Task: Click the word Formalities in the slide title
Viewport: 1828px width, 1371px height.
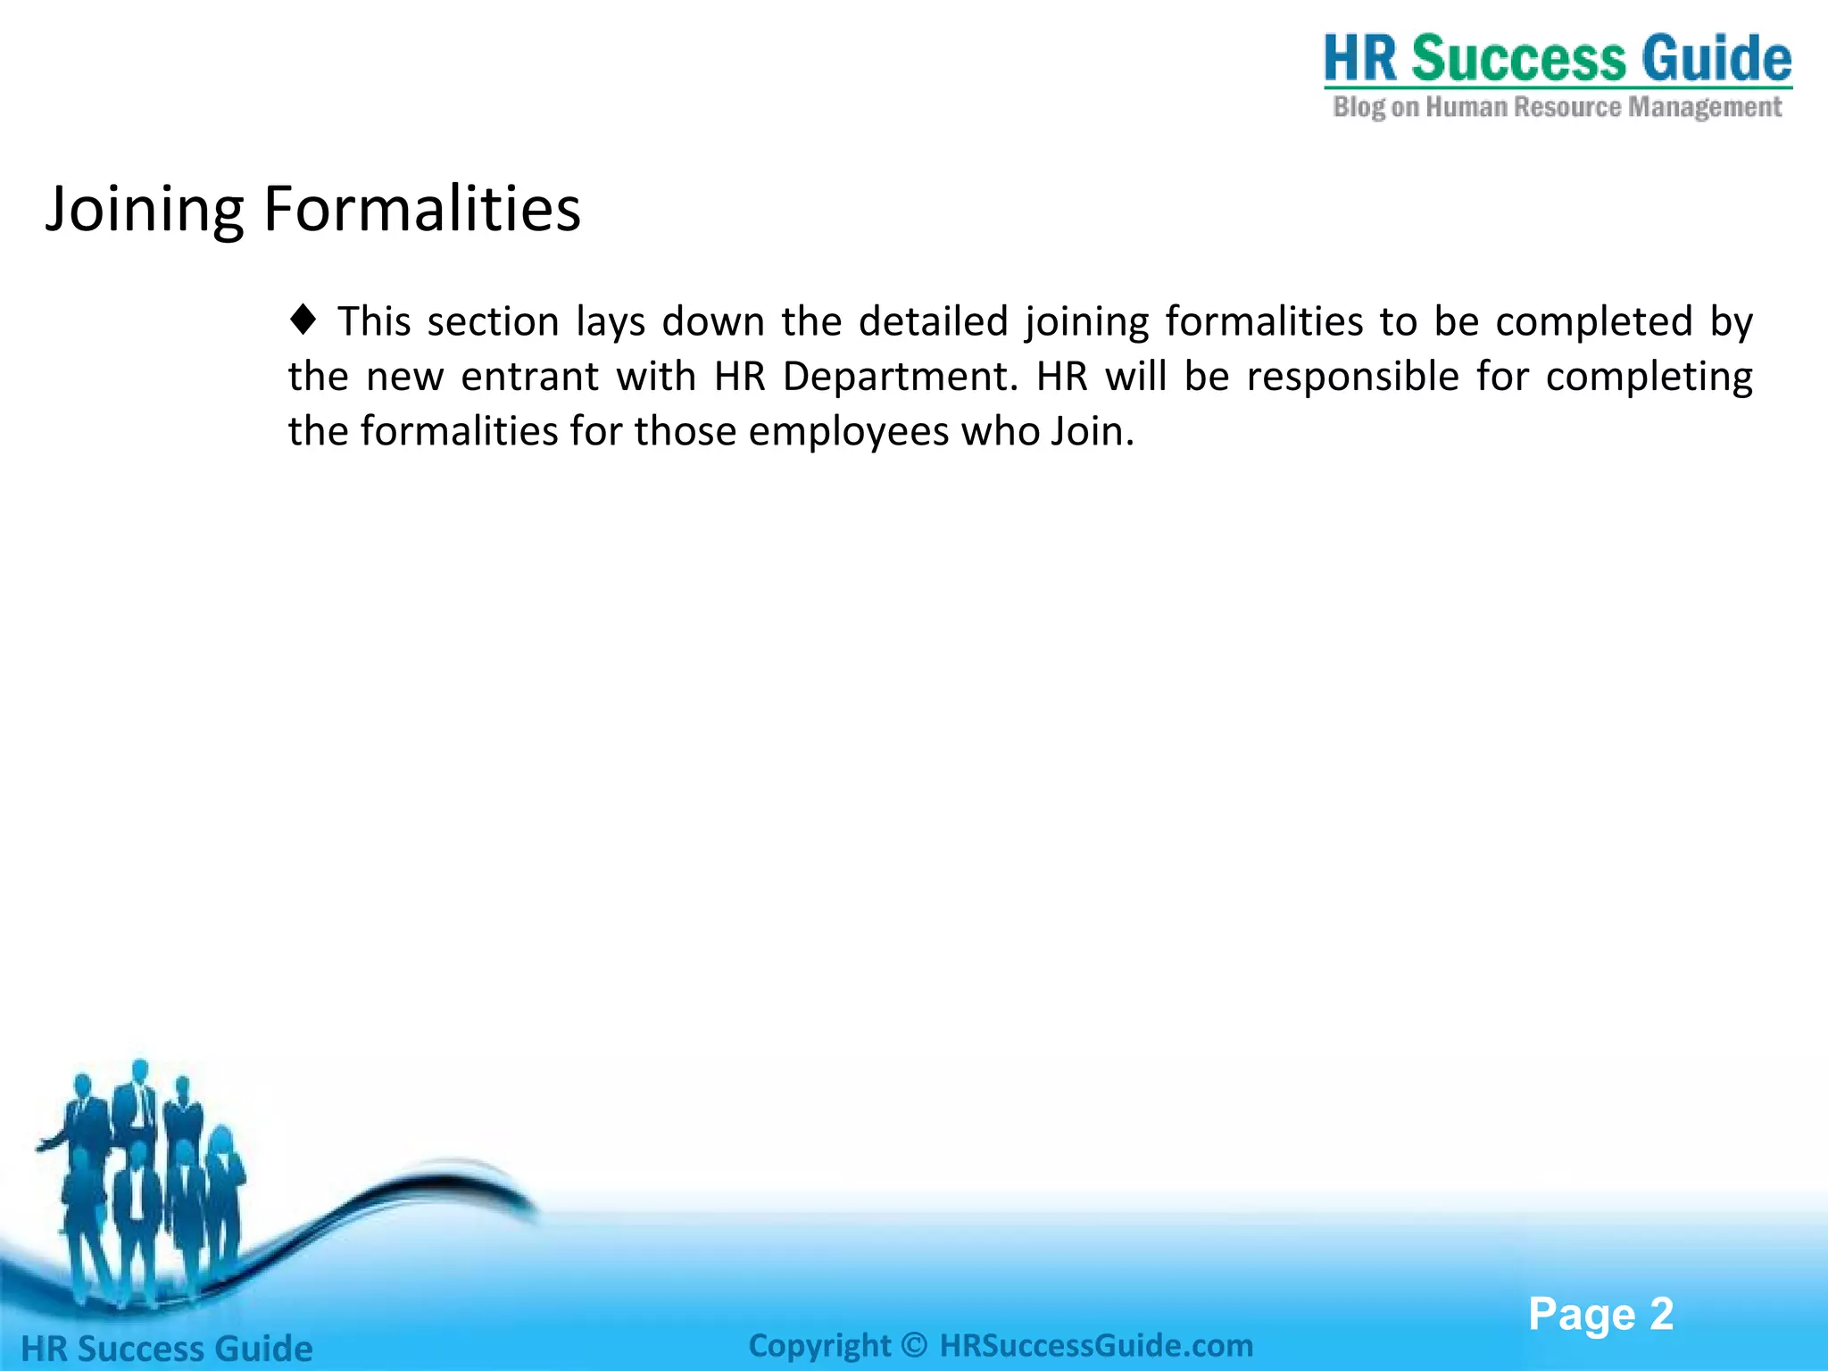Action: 421,210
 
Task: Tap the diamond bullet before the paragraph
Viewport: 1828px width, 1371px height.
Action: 303,320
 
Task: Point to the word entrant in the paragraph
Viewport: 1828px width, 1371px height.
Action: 529,377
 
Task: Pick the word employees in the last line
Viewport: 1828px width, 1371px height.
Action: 848,432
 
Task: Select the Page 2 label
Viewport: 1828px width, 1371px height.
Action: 1600,1314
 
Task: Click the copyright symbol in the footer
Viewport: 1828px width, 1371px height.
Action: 915,1345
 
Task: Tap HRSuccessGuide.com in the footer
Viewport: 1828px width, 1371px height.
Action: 1096,1345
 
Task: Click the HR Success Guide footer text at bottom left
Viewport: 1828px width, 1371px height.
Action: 167,1349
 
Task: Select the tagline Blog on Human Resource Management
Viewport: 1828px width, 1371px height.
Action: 1558,107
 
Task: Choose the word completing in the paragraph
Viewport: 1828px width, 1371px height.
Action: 1649,377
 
